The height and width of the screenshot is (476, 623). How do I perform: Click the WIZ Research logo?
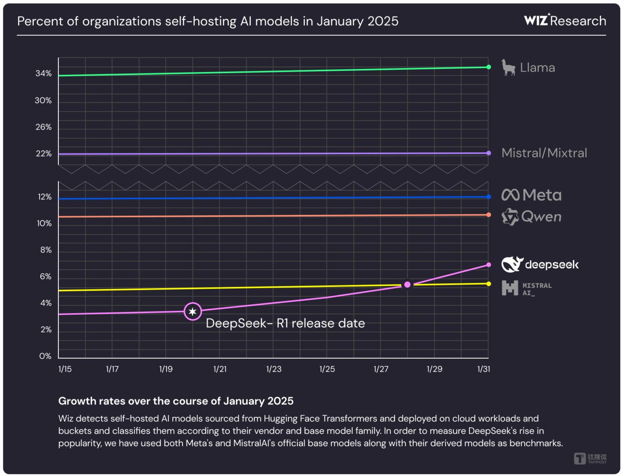(565, 20)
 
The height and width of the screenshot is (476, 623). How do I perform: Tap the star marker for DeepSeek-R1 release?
(192, 312)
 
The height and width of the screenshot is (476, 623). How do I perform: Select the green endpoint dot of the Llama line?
(489, 67)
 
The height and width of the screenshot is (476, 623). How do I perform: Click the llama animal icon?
(508, 68)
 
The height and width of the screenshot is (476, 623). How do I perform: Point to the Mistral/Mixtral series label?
(544, 153)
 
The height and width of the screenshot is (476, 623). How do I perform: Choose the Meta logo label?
(531, 195)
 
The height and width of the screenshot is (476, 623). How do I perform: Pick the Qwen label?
(531, 217)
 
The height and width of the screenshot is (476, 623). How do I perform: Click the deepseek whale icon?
(512, 264)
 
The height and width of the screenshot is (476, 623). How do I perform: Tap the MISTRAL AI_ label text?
(537, 289)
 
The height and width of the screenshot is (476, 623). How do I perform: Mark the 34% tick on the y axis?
(44, 73)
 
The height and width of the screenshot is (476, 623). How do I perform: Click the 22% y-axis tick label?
(44, 153)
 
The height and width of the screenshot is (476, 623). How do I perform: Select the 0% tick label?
(45, 356)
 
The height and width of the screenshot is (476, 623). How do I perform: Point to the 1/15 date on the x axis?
(65, 369)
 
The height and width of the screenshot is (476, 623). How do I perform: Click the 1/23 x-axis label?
(273, 369)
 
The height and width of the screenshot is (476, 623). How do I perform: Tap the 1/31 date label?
(484, 369)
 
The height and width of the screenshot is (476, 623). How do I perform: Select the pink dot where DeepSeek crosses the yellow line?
(407, 285)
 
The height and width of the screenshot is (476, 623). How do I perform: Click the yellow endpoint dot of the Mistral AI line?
(489, 284)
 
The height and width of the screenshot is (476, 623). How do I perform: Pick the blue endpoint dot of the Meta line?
(489, 197)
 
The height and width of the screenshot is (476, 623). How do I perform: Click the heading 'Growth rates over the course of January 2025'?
(176, 401)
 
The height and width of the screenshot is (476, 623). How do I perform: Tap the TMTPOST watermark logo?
(590, 458)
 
